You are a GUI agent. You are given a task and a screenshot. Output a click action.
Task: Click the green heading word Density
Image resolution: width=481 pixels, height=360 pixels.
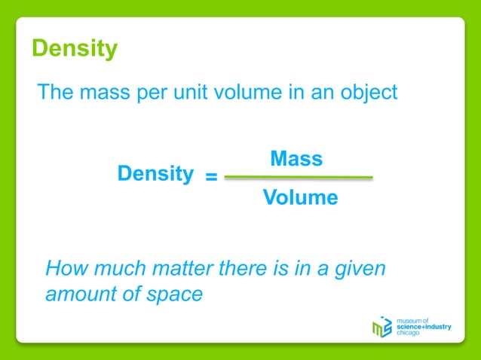click(x=75, y=49)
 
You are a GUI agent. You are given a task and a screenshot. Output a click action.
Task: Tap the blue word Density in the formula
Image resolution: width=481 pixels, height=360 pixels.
click(x=155, y=174)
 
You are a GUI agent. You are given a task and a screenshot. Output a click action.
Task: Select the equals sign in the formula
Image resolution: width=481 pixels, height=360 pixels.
click(x=212, y=178)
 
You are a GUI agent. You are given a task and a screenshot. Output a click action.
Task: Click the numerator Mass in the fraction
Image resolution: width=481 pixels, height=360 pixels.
click(x=296, y=159)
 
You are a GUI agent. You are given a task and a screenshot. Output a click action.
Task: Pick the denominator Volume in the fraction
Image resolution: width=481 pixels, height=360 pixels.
click(x=300, y=198)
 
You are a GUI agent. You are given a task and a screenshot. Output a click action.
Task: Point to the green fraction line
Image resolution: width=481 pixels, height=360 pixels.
click(x=299, y=178)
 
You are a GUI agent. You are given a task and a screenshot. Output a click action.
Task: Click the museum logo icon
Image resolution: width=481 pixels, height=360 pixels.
click(x=382, y=326)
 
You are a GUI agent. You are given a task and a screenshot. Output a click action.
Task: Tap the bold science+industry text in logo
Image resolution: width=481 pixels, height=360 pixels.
click(x=423, y=327)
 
